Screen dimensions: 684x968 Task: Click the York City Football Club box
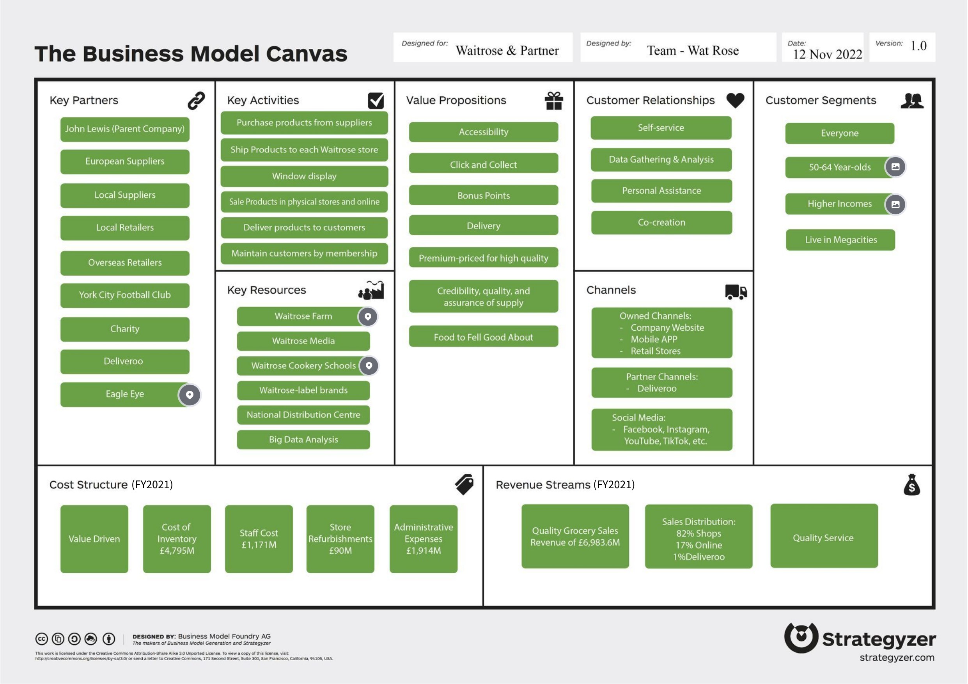125,295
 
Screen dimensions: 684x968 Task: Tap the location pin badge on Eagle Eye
190,395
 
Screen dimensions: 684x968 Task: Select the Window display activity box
304,176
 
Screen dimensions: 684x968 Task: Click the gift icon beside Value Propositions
553,101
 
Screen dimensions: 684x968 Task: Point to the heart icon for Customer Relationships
735,100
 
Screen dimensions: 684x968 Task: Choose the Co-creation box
661,223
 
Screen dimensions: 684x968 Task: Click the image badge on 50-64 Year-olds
895,167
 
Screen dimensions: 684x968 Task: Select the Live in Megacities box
840,240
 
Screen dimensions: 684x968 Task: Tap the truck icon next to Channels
736,291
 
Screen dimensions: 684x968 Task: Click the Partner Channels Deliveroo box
661,383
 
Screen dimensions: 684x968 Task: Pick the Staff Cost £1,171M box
259,539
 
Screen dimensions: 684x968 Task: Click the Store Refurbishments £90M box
340,539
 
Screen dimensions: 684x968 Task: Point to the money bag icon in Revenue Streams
911,485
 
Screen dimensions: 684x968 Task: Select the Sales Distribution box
698,537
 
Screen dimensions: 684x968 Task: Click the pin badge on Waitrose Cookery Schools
369,365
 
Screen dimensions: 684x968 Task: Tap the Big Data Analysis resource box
303,439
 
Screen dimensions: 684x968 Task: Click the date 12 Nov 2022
827,54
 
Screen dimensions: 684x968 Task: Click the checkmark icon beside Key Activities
376,101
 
